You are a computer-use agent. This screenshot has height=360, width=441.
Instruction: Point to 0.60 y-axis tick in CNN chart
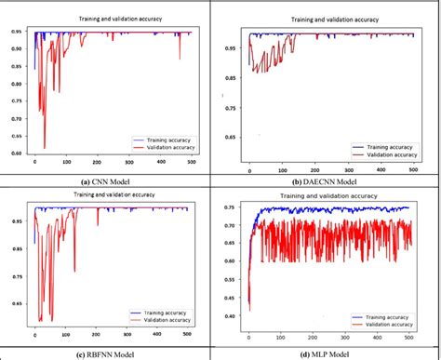pyautogui.click(x=17, y=153)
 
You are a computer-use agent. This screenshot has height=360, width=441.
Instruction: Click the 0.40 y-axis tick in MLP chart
pyautogui.click(x=232, y=316)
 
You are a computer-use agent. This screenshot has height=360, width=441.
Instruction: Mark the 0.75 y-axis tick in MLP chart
pyautogui.click(x=232, y=207)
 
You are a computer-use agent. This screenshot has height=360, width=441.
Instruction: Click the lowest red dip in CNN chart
pyautogui.click(x=45, y=147)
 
